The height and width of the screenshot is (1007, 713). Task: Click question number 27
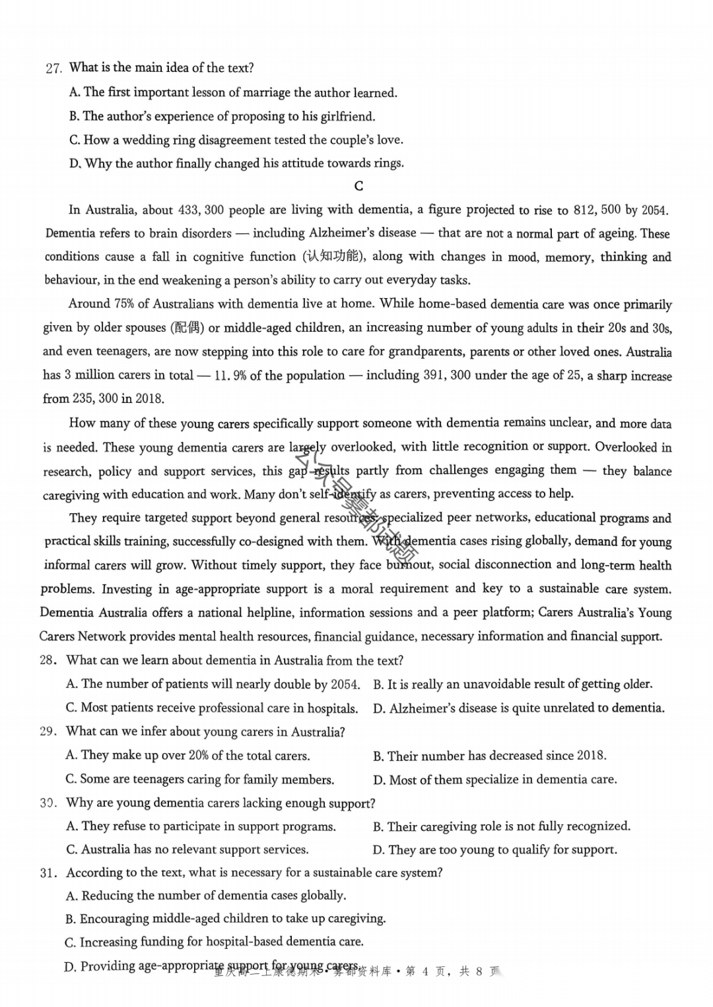coord(53,69)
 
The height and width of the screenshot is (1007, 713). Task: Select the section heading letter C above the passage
coord(358,187)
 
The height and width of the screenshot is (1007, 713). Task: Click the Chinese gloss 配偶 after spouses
coord(187,328)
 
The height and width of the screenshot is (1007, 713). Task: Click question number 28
coord(48,661)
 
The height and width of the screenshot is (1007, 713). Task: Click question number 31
coord(48,873)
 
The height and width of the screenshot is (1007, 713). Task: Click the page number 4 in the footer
coord(425,971)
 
